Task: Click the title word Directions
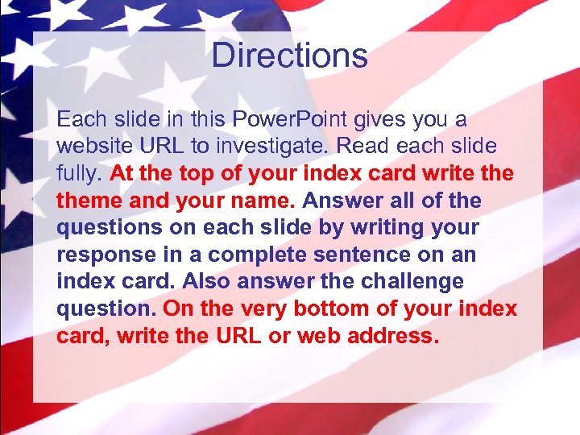coord(289,56)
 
